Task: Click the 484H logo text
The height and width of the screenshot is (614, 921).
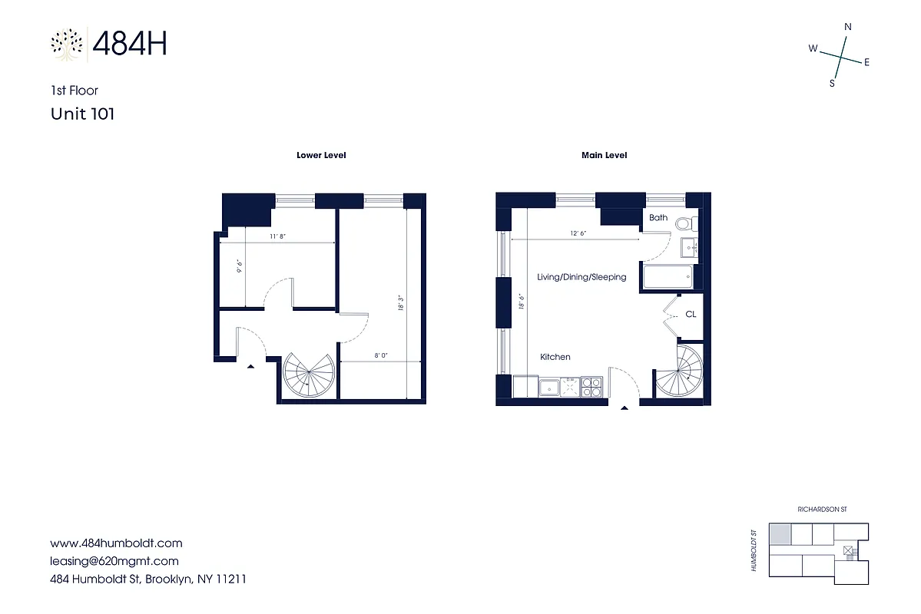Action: click(x=129, y=44)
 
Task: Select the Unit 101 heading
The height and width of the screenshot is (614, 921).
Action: click(x=82, y=114)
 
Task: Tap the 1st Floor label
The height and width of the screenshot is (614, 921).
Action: click(x=74, y=91)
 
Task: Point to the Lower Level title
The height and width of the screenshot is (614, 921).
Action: click(x=321, y=155)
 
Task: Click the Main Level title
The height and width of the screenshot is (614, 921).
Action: click(x=604, y=155)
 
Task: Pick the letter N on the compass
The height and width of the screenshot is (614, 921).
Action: click(x=848, y=27)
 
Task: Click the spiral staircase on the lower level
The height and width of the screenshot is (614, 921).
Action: click(x=307, y=375)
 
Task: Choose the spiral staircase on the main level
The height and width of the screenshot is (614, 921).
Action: click(x=679, y=370)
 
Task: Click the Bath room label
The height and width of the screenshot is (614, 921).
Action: click(x=658, y=218)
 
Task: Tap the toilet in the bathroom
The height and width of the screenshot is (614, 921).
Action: click(x=691, y=225)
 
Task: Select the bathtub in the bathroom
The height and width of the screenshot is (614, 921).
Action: click(x=668, y=278)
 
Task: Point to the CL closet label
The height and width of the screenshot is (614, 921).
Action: click(x=691, y=315)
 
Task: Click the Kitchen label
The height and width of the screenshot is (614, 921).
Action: click(x=555, y=357)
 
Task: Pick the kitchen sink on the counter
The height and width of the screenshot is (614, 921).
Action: click(x=550, y=388)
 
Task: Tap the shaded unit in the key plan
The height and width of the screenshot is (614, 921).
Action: click(x=780, y=534)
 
